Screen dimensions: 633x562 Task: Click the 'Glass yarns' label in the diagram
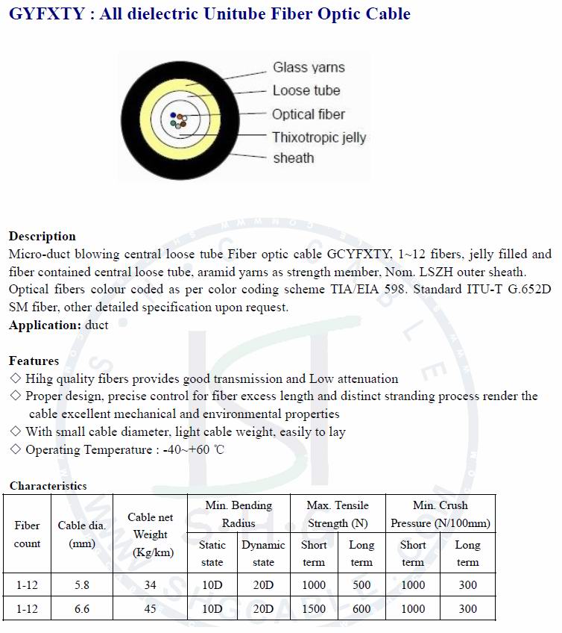[x=309, y=68]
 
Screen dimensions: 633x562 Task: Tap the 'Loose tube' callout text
[x=306, y=91]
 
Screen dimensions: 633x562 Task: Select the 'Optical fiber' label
[x=308, y=114]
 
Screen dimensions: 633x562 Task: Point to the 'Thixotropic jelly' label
[x=318, y=137]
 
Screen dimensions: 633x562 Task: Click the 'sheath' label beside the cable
[x=293, y=158]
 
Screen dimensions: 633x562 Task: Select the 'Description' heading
[x=42, y=237]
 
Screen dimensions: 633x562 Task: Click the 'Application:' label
[x=45, y=325]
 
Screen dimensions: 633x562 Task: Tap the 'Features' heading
[x=34, y=361]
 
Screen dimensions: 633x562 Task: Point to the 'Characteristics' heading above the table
[x=48, y=486]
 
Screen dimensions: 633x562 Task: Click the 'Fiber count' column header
[x=27, y=534]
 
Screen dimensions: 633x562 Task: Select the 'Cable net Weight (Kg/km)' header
[x=150, y=534]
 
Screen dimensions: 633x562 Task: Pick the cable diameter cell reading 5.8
[x=82, y=585]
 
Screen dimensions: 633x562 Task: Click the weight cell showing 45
[x=150, y=609]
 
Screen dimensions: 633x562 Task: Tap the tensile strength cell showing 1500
[x=314, y=609]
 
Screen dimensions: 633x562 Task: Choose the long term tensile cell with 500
[x=361, y=585]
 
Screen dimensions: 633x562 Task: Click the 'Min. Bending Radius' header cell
[x=239, y=514]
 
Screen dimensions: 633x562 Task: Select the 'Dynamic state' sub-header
[x=263, y=553]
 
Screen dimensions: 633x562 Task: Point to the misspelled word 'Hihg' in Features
[x=39, y=379]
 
